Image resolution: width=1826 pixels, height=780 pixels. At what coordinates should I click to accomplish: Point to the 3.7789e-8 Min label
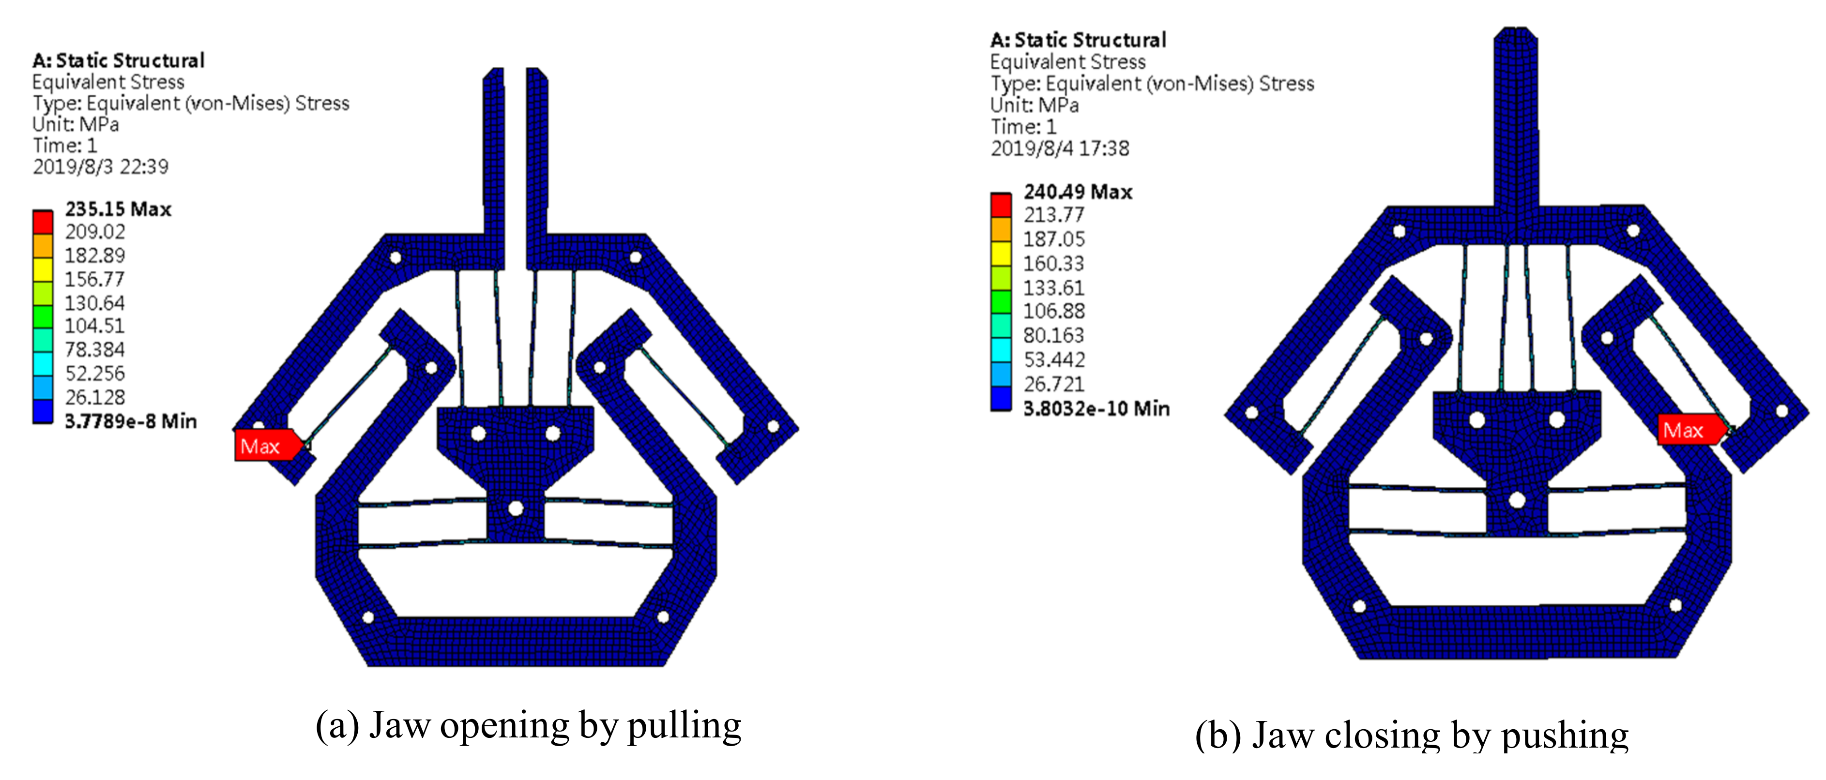click(x=130, y=421)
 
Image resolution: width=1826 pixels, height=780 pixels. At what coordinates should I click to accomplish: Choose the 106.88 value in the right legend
click(x=1053, y=311)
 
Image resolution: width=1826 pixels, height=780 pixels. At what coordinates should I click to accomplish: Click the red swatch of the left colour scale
click(x=43, y=222)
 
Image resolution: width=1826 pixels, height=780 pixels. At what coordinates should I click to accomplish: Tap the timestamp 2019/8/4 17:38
click(x=1060, y=149)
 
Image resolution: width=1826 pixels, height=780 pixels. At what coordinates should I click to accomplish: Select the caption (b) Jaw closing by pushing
click(x=1411, y=735)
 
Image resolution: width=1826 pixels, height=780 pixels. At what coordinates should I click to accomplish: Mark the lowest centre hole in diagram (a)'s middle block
click(x=516, y=509)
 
